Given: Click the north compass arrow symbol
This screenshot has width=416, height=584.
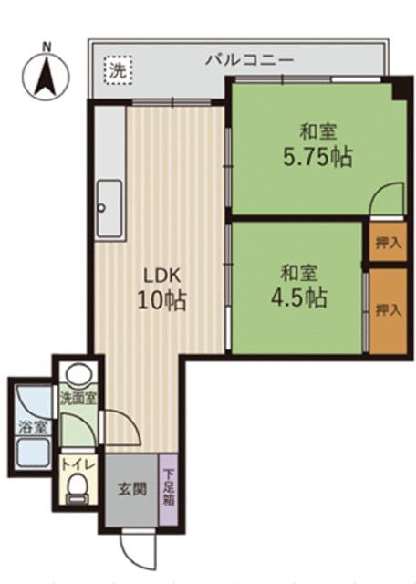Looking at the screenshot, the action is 46,77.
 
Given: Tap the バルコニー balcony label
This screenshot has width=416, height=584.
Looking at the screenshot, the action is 250,59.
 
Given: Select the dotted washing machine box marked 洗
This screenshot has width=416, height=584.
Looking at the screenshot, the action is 118,70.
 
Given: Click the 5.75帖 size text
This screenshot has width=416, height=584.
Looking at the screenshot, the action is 317,157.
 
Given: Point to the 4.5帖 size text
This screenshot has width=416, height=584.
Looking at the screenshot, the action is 299,297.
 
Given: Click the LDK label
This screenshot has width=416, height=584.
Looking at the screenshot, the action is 162,276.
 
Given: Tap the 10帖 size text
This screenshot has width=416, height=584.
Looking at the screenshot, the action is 162,300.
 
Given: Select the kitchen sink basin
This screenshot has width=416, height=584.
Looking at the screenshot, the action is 109,209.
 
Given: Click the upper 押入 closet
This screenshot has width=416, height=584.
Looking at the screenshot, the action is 388,242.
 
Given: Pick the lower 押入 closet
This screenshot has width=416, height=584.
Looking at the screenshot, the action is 388,310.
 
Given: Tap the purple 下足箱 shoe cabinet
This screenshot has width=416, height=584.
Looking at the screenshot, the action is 169,489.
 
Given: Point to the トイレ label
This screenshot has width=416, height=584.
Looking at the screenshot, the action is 78,464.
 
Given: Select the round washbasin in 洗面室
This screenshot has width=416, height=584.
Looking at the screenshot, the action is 78,373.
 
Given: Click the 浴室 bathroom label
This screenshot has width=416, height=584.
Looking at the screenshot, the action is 34,427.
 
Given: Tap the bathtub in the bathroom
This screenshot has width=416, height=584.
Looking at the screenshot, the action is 33,454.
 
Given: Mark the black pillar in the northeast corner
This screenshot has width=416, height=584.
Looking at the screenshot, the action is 402,88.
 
